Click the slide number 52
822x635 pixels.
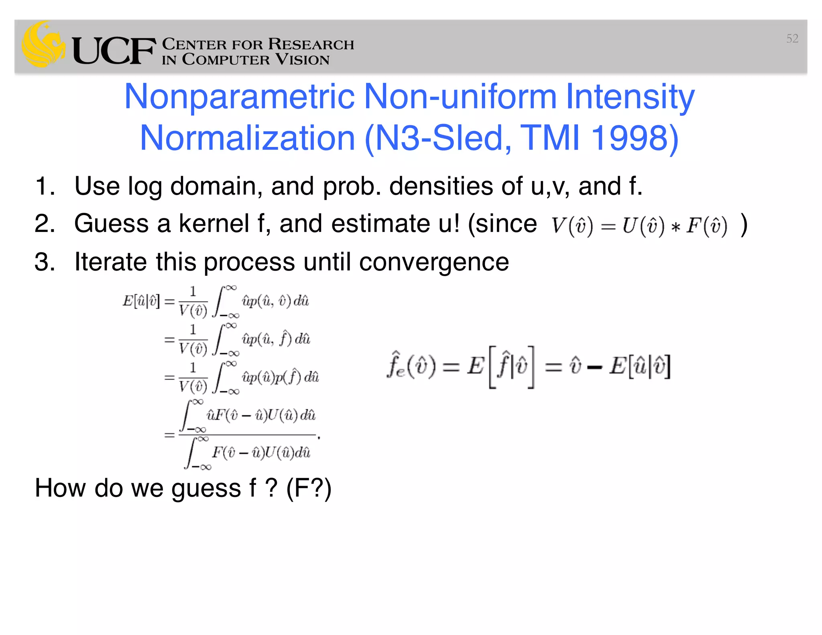(x=792, y=39)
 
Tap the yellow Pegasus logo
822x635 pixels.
(x=43, y=45)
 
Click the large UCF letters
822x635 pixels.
(x=114, y=51)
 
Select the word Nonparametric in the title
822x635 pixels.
(x=239, y=97)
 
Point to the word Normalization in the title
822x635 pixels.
(x=247, y=138)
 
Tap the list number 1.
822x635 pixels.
(x=44, y=186)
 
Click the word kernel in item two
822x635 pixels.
(x=214, y=224)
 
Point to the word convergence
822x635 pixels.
(x=433, y=263)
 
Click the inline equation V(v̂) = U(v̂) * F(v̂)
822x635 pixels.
(x=639, y=226)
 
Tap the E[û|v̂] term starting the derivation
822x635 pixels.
(x=141, y=301)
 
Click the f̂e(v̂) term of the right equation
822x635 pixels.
(x=411, y=365)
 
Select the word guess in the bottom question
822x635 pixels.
(x=206, y=488)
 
